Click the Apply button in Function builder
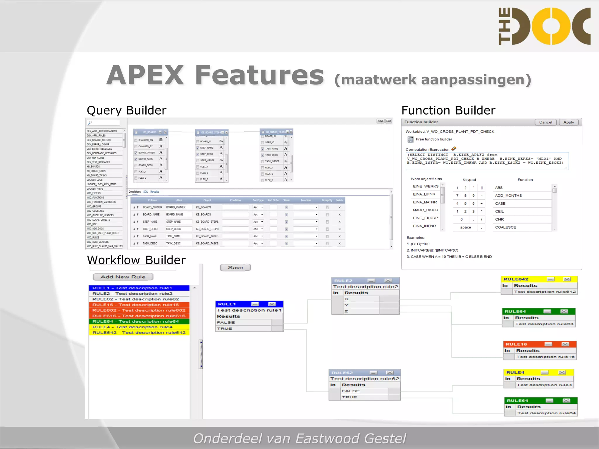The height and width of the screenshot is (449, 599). [x=569, y=122]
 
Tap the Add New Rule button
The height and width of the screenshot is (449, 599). [x=123, y=277]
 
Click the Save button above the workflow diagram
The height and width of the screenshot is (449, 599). [x=235, y=267]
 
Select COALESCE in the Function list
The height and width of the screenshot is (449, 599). [x=505, y=227]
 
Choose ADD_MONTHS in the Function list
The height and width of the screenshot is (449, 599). [x=508, y=196]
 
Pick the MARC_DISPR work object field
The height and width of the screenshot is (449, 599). [x=425, y=210]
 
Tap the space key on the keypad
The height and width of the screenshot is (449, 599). [x=465, y=227]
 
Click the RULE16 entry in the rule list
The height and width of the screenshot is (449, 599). [x=136, y=305]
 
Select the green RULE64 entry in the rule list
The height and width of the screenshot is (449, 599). [x=136, y=321]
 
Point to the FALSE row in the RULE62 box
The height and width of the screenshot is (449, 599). [x=364, y=391]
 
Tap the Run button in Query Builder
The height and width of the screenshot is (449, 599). [x=388, y=121]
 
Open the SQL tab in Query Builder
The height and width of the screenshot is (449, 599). [x=145, y=192]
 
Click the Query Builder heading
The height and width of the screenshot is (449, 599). [x=126, y=110]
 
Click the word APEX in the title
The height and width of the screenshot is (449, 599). [x=145, y=75]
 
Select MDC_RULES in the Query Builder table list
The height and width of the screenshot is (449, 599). [x=93, y=237]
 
